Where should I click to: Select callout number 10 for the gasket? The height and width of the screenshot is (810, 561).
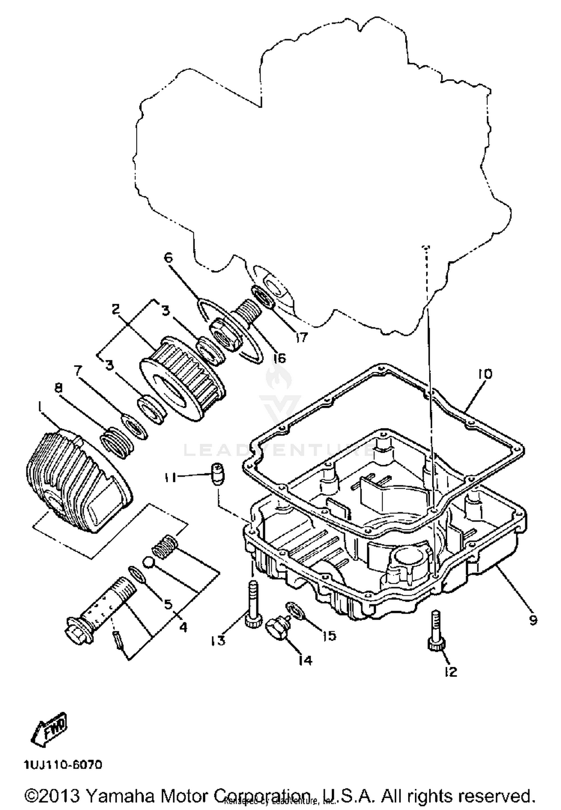tap(484, 374)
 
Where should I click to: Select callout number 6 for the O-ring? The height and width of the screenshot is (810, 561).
tap(169, 258)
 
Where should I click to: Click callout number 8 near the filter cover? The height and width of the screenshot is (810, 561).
tap(59, 389)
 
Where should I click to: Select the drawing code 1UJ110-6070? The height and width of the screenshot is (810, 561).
tap(63, 765)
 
